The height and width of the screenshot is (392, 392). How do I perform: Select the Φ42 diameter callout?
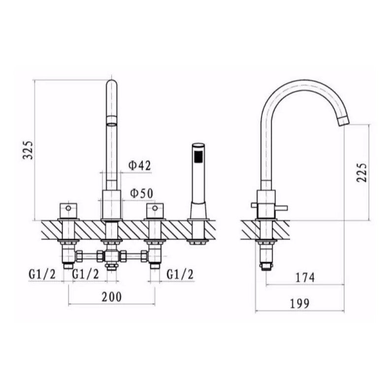pos(139,166)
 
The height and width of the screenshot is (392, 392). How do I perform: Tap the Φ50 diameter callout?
pos(140,194)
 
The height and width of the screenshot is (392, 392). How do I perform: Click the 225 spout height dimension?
pos(362,172)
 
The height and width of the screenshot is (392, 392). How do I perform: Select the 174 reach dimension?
pos(305,277)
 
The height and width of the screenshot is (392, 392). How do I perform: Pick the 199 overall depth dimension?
pos(300,303)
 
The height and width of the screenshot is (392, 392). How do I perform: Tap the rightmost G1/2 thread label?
pos(180,273)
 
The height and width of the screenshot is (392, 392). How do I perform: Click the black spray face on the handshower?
pos(198,157)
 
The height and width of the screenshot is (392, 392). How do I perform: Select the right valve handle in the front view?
pos(155,211)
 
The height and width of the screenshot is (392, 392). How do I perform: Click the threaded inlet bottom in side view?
pos(265,266)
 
